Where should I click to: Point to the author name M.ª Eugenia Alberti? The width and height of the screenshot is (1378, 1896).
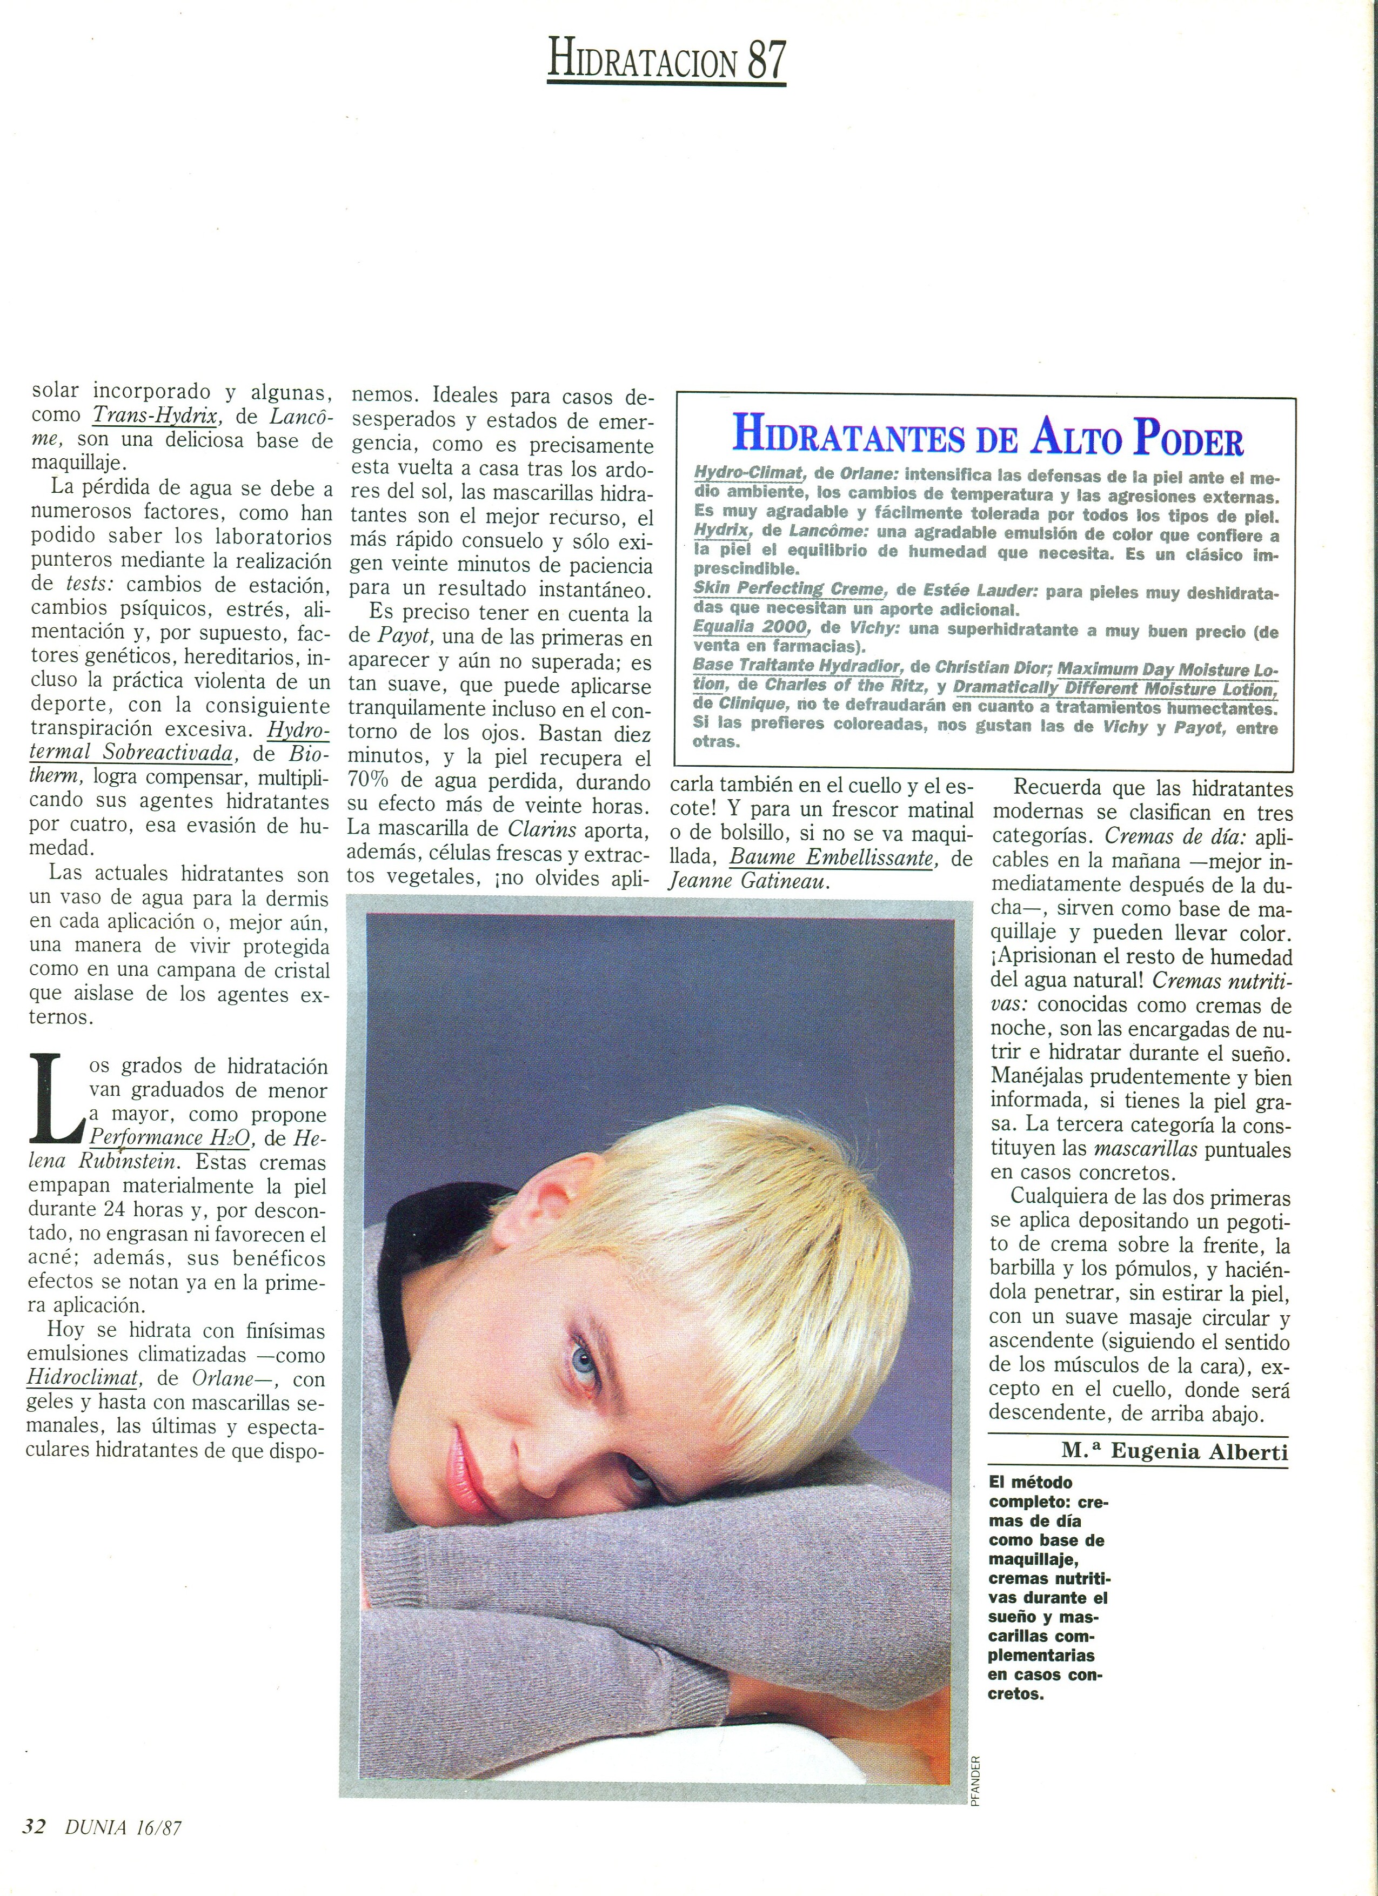tap(1175, 1451)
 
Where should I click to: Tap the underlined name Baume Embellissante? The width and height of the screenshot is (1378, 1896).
tap(830, 857)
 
